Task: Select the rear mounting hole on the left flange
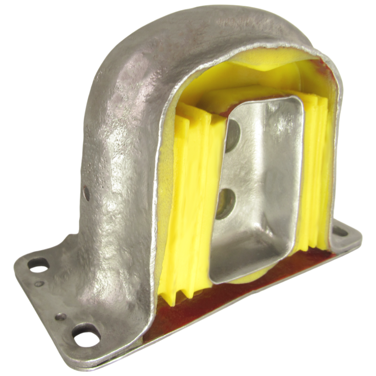[x=39, y=265]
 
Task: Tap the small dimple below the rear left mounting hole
[x=41, y=283]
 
